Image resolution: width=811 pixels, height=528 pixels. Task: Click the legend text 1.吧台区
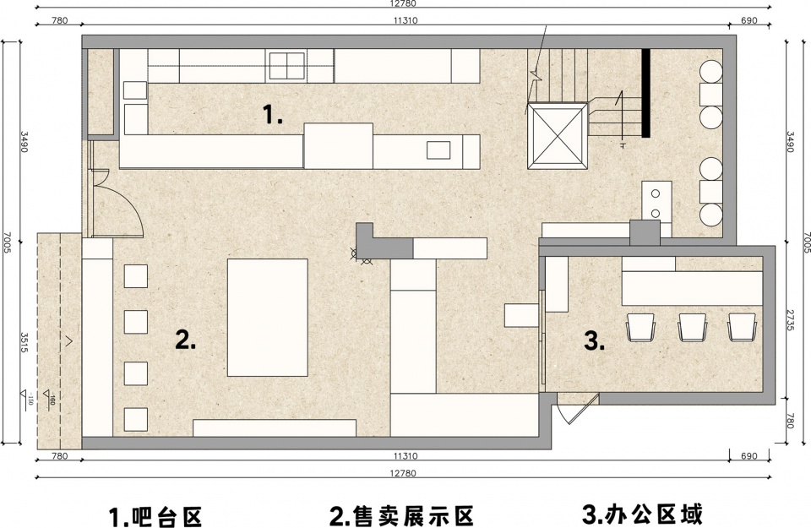coord(155,516)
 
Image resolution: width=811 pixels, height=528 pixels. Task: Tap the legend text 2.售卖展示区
coord(402,515)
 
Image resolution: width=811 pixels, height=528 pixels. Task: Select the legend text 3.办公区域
coord(643,514)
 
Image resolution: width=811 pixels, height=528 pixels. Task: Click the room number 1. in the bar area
coord(273,114)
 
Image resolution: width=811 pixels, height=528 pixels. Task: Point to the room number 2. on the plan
coord(186,340)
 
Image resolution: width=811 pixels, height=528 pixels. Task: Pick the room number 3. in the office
coord(594,340)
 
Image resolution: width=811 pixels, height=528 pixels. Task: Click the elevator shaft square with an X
coord(558,135)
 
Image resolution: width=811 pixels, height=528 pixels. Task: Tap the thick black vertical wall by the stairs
coord(645,93)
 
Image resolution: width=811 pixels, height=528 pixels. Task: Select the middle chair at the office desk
coord(692,327)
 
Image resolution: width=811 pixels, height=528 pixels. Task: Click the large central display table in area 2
coord(268,318)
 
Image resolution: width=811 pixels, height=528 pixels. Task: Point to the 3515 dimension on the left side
coord(24,342)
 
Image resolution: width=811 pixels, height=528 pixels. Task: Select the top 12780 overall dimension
coord(404,3)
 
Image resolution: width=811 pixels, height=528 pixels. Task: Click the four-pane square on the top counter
coord(286,66)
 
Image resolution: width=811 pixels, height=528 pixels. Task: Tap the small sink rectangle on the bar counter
coord(438,150)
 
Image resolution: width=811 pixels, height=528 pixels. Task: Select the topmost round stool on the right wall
coord(710,71)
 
